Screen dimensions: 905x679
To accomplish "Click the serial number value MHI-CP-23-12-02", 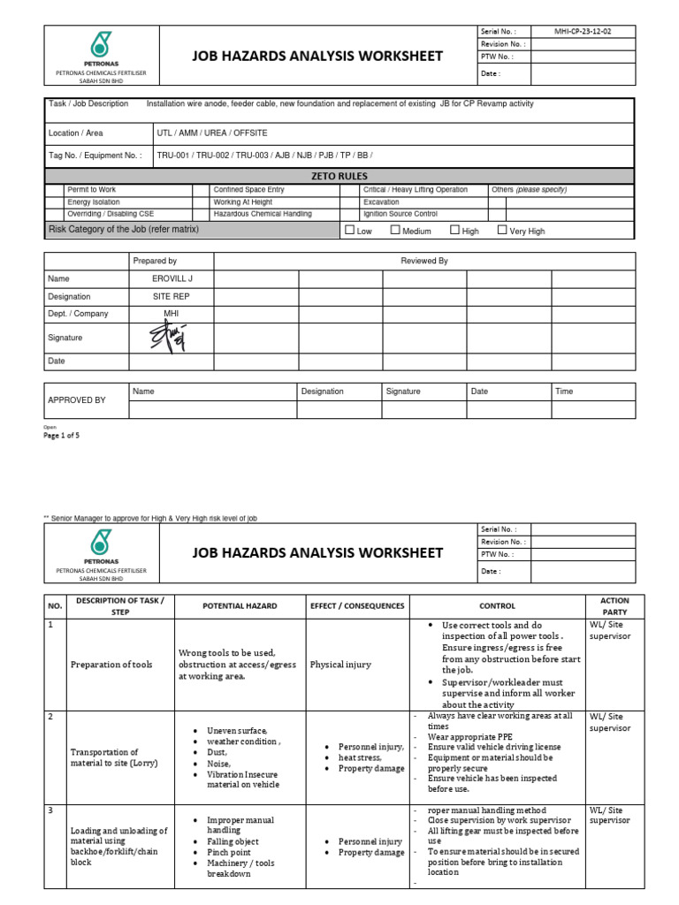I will point(581,30).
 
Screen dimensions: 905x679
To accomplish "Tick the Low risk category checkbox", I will point(349,230).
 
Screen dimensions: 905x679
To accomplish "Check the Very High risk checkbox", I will point(502,230).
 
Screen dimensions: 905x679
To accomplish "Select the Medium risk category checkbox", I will point(395,230).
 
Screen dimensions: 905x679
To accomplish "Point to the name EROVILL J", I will point(171,278).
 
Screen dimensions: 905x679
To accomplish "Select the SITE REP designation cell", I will point(171,297).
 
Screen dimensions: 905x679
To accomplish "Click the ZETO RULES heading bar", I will point(339,176).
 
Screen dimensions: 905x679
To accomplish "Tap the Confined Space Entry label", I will point(248,190).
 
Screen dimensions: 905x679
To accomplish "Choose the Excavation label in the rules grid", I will point(381,202).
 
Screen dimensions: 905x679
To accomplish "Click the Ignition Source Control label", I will point(400,214).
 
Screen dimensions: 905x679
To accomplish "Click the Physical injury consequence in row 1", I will point(340,665).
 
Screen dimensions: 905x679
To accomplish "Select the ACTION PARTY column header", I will point(614,606).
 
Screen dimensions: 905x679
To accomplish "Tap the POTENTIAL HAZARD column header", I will point(240,606).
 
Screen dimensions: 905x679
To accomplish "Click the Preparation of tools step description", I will point(111,665).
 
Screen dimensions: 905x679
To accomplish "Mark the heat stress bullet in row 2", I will point(360,757).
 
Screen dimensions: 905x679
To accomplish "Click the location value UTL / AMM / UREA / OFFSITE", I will point(211,133).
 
